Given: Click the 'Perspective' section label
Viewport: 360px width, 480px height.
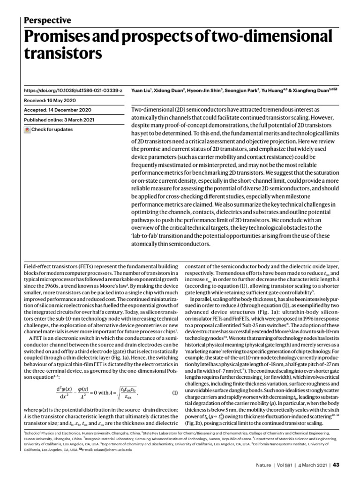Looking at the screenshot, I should pos(47,20).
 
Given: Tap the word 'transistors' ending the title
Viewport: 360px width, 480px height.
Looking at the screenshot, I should pos(62,54).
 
